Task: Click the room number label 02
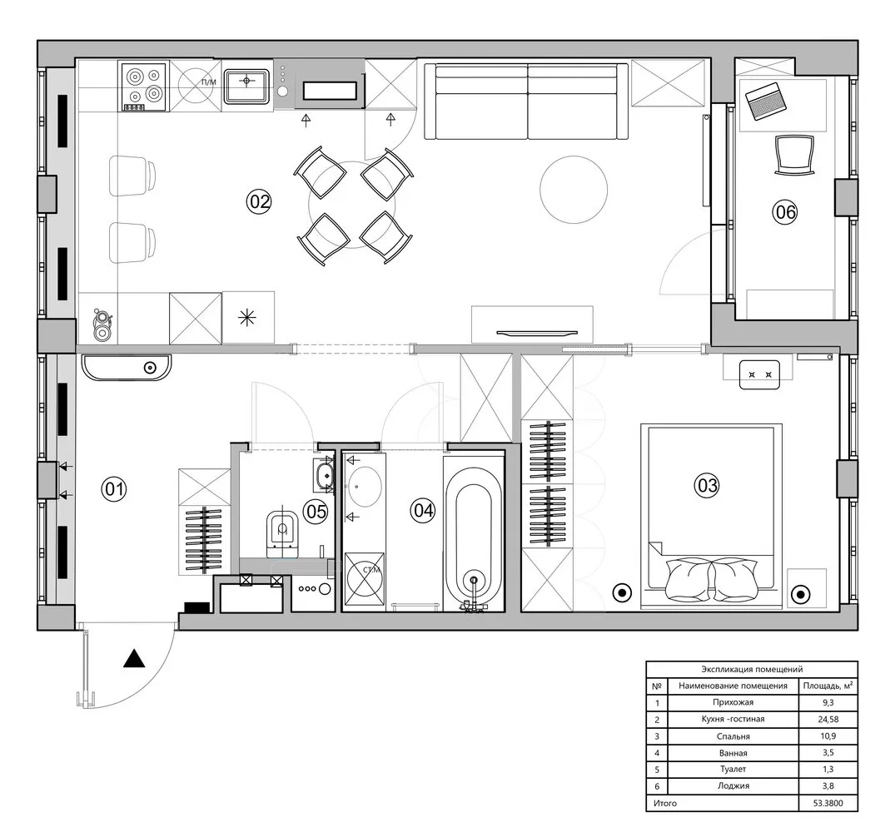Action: [x=260, y=201]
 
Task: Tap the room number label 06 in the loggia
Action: [x=785, y=212]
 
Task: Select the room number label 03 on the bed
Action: [x=707, y=485]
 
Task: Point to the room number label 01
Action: [x=113, y=489]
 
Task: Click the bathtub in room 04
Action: [x=474, y=532]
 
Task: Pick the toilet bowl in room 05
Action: [x=282, y=532]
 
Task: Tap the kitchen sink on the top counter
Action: [x=247, y=82]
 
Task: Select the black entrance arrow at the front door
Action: [x=134, y=660]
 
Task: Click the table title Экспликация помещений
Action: [x=752, y=669]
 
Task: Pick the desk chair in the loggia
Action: [x=793, y=154]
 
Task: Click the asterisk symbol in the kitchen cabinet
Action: [x=247, y=316]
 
